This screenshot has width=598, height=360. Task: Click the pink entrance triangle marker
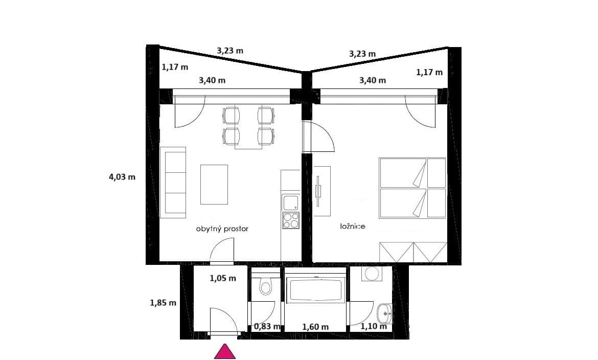(224, 352)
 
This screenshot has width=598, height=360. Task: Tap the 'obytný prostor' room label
(222, 229)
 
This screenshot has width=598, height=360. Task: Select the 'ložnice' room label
(353, 226)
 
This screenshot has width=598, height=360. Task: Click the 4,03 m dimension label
(122, 177)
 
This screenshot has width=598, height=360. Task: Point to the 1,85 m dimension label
(163, 302)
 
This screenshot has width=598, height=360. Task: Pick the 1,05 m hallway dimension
(223, 279)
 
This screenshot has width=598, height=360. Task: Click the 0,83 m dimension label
(267, 326)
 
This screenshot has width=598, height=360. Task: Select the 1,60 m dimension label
(315, 327)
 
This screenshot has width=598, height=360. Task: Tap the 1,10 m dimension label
(374, 326)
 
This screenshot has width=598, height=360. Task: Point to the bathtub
(316, 290)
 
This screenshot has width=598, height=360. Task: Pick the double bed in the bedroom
(412, 187)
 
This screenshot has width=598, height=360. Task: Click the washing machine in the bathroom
(371, 274)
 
